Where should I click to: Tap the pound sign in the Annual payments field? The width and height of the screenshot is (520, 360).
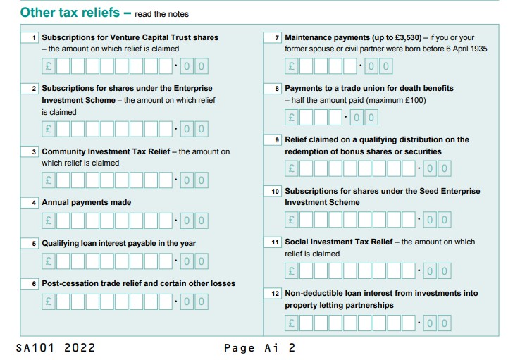[48, 221]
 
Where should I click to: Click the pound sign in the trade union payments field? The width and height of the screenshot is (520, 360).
[290, 117]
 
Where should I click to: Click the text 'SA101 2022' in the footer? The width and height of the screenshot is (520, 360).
[56, 348]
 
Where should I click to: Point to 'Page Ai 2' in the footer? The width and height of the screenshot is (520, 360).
[259, 348]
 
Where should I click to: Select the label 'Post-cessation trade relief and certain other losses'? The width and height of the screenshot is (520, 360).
[138, 283]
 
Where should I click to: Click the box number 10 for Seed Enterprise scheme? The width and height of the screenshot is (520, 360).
[273, 192]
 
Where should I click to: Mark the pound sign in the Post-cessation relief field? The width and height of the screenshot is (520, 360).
[48, 302]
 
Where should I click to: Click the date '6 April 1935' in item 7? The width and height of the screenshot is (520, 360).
[464, 49]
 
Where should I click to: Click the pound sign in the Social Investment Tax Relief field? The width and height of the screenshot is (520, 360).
[290, 271]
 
